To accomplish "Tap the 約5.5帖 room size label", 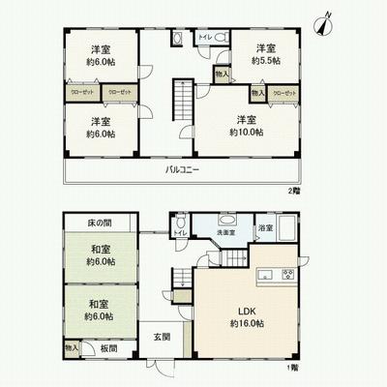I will coord(265,60).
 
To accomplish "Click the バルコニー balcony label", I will coord(181,170).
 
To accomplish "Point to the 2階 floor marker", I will coord(294,191).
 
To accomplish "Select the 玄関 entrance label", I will coord(162,337).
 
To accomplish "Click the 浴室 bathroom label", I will coord(265,228).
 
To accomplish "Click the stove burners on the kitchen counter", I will coord(287,274).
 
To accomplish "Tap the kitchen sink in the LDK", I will coord(262,275).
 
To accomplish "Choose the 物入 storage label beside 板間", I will coord(73,347).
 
